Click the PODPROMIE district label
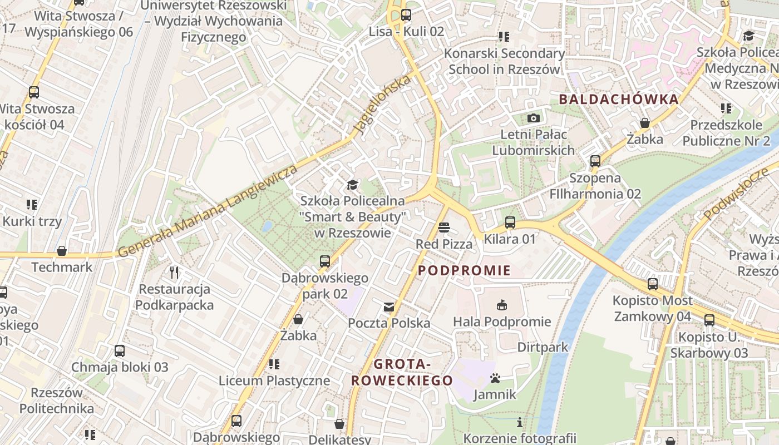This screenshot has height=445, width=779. (464, 271)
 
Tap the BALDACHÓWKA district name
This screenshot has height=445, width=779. (619, 100)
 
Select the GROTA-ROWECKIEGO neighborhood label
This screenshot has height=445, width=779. (402, 373)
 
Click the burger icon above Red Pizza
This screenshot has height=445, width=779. (444, 227)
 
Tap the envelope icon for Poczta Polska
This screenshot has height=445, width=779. (388, 306)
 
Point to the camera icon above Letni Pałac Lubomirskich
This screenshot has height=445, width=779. (534, 118)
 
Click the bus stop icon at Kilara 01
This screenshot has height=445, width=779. (510, 222)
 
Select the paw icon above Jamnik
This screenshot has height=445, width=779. (495, 379)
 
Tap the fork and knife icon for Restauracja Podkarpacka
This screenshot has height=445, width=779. (175, 272)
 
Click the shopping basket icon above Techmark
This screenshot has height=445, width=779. (62, 251)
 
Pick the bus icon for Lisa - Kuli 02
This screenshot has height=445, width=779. (406, 15)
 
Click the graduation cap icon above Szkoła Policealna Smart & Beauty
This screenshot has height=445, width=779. (352, 185)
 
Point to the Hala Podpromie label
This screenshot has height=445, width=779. (502, 322)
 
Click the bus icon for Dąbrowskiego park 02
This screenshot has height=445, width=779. (325, 261)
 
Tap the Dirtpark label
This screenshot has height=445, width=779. (543, 347)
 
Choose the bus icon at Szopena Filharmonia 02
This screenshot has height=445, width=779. (595, 161)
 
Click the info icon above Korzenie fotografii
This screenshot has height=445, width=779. (520, 422)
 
